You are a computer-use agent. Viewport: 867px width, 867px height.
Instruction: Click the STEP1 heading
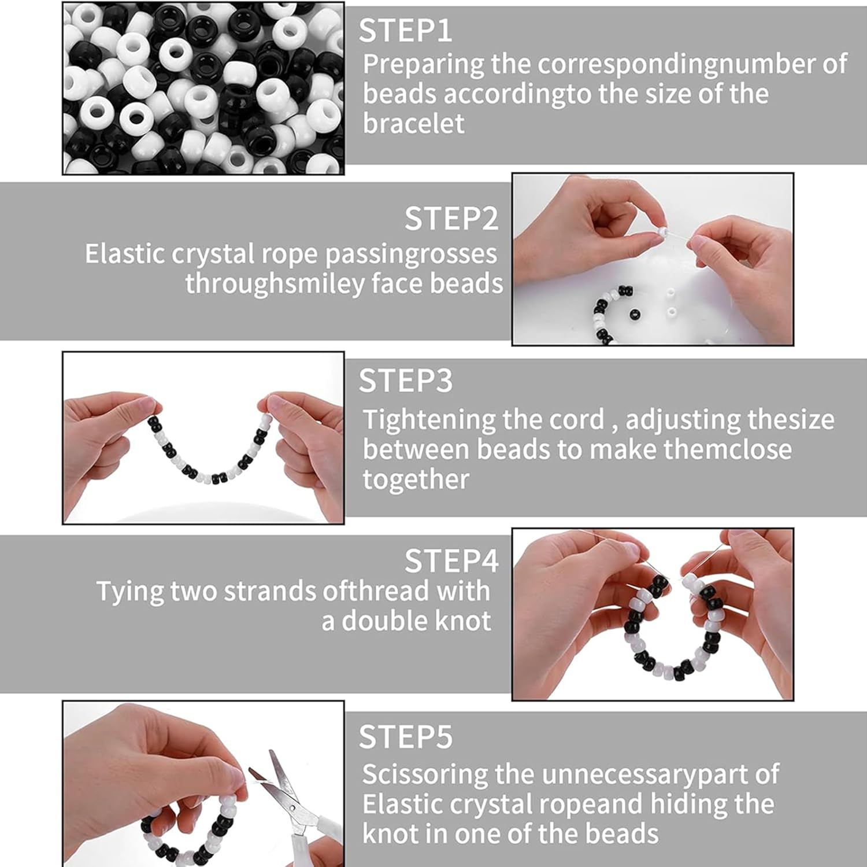[x=405, y=31]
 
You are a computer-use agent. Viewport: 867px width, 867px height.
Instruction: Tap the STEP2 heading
[x=451, y=219]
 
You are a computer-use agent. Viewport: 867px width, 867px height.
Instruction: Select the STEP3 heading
[x=405, y=381]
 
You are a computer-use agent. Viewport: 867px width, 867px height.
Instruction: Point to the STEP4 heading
[x=451, y=560]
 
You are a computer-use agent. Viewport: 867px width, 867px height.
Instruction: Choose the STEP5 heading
[x=405, y=736]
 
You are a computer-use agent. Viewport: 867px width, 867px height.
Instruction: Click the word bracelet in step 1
[x=413, y=124]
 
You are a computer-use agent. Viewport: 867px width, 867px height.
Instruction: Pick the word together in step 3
[x=416, y=480]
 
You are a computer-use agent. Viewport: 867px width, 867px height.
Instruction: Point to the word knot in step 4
[x=462, y=621]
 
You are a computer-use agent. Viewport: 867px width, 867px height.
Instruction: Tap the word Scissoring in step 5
[x=425, y=775]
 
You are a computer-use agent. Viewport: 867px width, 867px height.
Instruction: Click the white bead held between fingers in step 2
[x=661, y=233]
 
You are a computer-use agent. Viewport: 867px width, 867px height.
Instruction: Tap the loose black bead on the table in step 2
[x=635, y=315]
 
